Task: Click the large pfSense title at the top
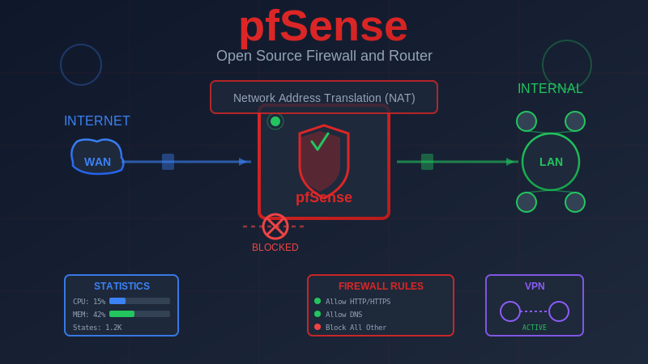click(x=323, y=26)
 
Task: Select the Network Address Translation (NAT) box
click(x=324, y=97)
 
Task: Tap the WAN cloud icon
click(x=97, y=158)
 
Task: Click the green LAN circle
click(x=551, y=162)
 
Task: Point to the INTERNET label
click(x=97, y=121)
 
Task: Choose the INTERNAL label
click(x=550, y=89)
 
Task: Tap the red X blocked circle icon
click(x=275, y=226)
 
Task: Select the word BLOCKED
click(x=275, y=248)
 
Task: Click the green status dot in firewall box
click(x=275, y=121)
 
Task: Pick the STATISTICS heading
click(x=122, y=286)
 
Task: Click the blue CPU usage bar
click(x=117, y=301)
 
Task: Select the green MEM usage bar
click(x=122, y=314)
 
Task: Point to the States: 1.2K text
click(x=97, y=328)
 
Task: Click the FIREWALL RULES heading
click(x=381, y=286)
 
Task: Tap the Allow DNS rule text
click(x=344, y=315)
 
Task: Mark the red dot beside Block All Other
click(x=318, y=327)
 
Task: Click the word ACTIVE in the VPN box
click(x=535, y=328)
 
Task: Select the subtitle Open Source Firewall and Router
click(x=324, y=56)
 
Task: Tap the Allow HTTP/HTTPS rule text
click(x=358, y=302)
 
